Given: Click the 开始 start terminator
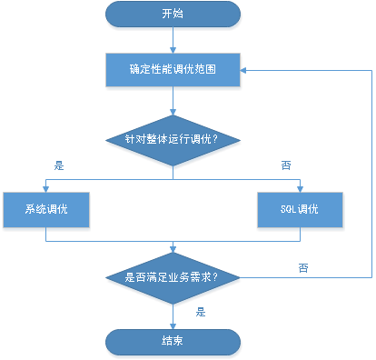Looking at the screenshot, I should pyautogui.click(x=173, y=15).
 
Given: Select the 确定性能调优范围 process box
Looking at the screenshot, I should pyautogui.click(x=173, y=70).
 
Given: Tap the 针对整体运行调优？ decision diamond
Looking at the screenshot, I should pyautogui.click(x=173, y=140).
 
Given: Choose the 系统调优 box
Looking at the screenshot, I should pyautogui.click(x=46, y=209).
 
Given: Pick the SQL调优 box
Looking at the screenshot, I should pyautogui.click(x=299, y=209).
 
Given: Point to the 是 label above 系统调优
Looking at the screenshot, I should pyautogui.click(x=59, y=166).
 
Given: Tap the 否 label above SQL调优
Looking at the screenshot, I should pyautogui.click(x=285, y=166).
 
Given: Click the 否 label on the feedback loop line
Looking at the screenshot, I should pyautogui.click(x=302, y=267).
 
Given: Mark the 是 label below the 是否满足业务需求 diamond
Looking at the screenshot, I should pyautogui.click(x=201, y=311).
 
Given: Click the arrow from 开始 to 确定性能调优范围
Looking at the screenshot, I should pyautogui.click(x=173, y=40).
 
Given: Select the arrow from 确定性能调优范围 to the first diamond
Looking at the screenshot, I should pyautogui.click(x=173, y=101).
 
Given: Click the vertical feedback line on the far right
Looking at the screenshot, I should pyautogui.click(x=371, y=173).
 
